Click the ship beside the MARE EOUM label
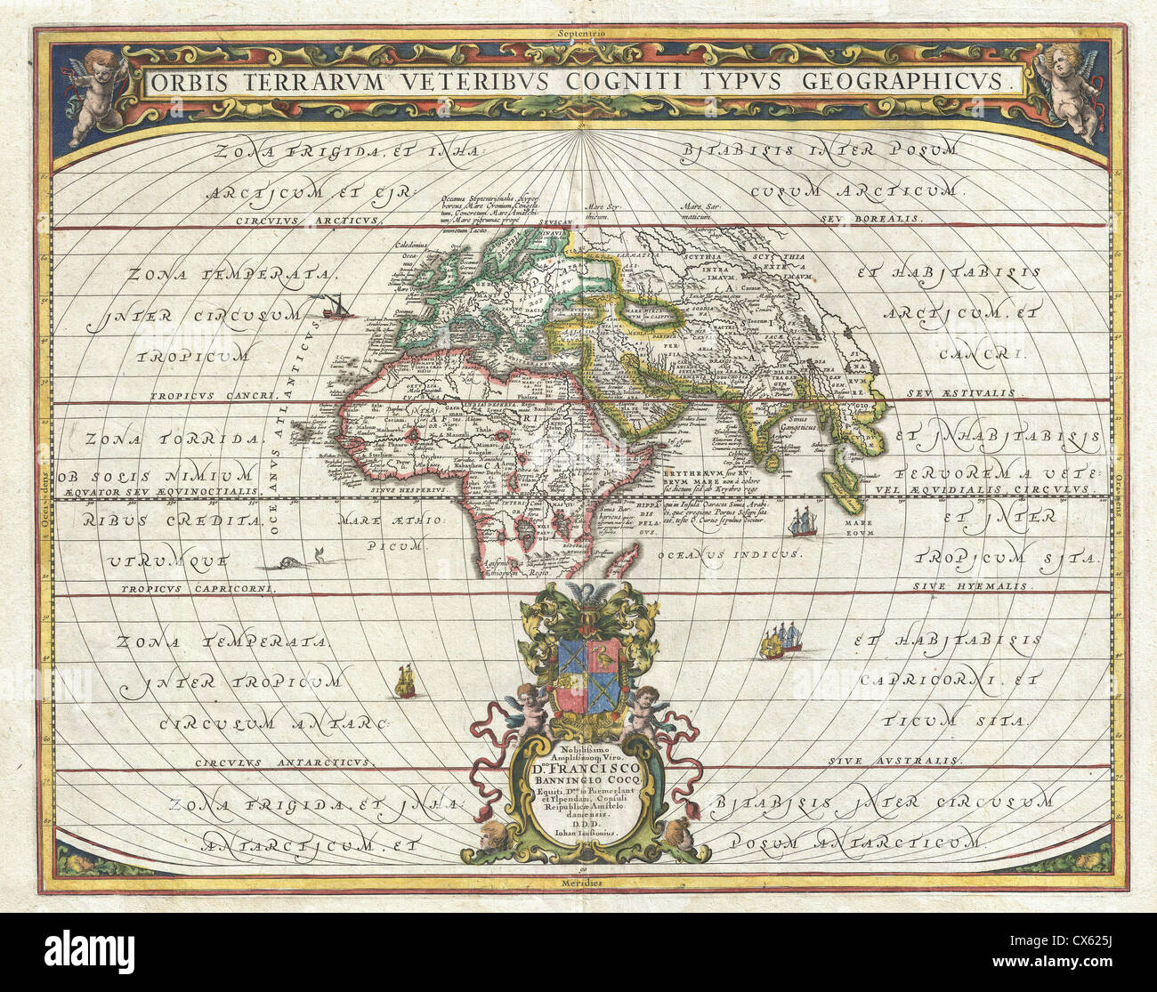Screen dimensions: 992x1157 click(805, 520)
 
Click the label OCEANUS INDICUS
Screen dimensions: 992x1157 click(728, 553)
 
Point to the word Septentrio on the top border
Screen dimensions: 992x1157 click(580, 34)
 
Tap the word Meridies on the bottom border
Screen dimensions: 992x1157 click(580, 883)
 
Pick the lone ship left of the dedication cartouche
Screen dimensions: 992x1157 click(405, 683)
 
